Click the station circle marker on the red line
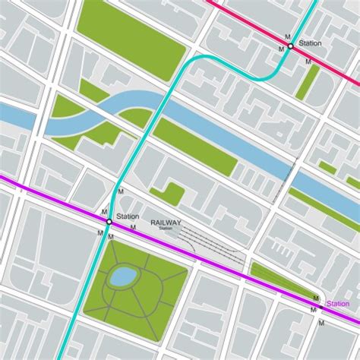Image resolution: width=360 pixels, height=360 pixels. pos(290,46)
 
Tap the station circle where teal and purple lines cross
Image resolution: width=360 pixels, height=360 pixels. pos(109,222)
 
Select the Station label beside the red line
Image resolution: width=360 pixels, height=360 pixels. pos(310,43)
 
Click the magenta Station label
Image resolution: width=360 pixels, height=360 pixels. pos(338,305)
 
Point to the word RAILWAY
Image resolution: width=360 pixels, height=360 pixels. pos(166,222)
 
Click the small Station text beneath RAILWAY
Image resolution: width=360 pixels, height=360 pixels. pos(166,229)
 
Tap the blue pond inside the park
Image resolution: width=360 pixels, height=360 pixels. pos(121,277)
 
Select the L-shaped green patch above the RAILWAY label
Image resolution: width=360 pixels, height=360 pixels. pos(171,194)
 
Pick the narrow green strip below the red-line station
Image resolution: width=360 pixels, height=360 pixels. pos(307,82)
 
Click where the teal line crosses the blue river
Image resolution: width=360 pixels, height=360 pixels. pos(160,106)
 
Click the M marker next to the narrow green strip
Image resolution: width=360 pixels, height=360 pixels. pos(308,62)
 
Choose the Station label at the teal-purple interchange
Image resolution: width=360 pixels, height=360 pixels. pos(128,216)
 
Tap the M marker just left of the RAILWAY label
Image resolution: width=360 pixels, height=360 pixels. pos(134,226)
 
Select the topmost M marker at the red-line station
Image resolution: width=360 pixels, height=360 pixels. pos(286,36)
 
